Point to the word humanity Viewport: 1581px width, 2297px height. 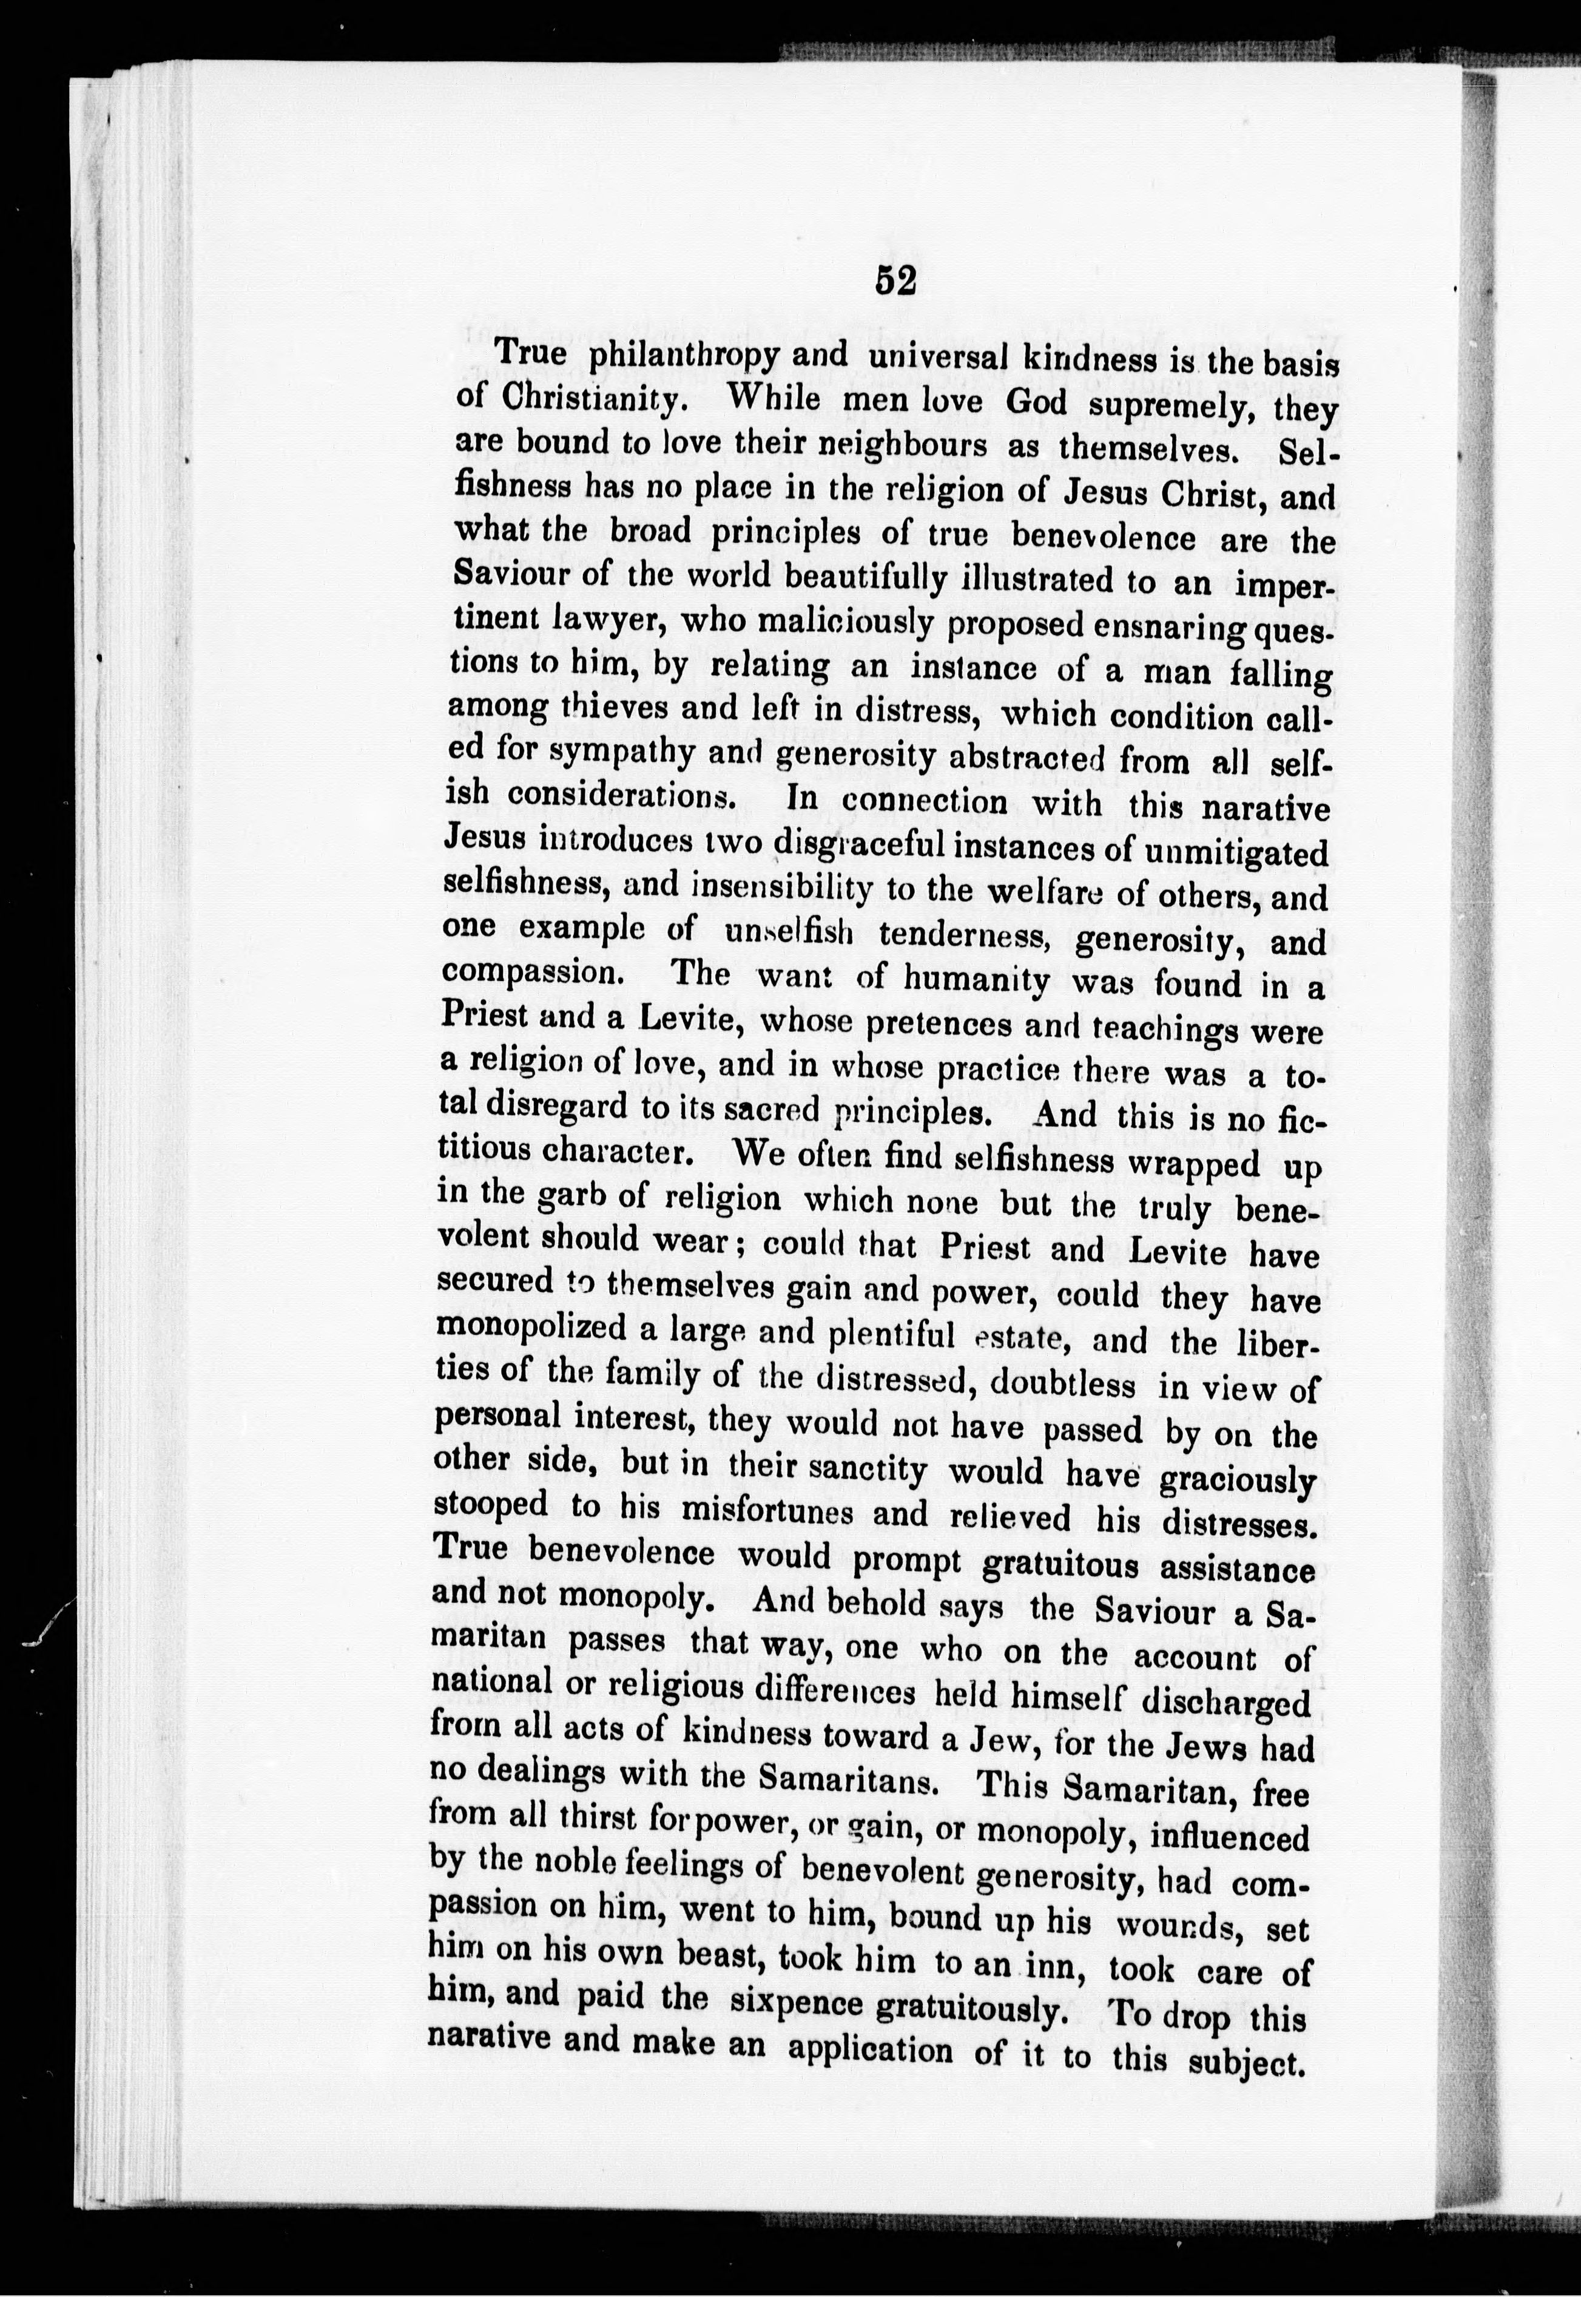tap(971, 981)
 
